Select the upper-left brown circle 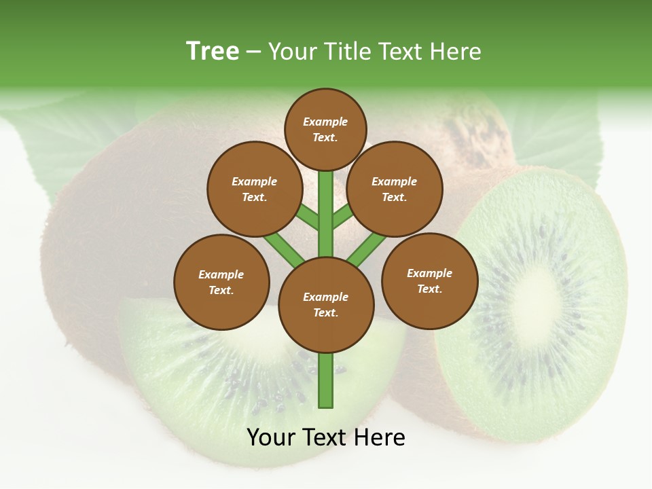(255, 189)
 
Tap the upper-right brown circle (395, 189)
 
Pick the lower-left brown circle (221, 282)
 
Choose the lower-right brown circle (430, 280)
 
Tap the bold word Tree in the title (213, 51)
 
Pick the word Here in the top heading (456, 52)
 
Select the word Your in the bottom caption (271, 437)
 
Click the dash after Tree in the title (254, 52)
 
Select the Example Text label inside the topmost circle (325, 129)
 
